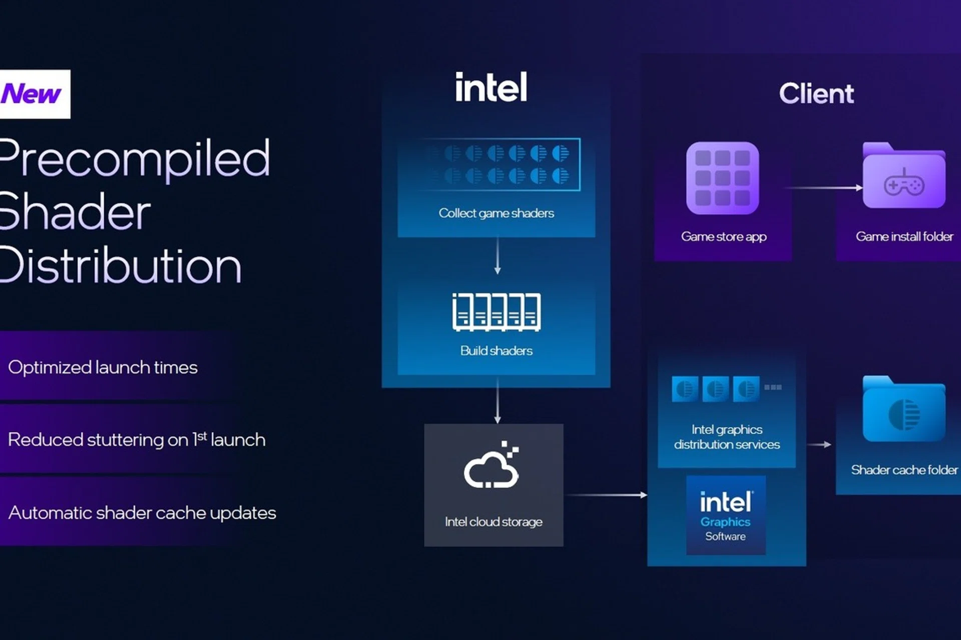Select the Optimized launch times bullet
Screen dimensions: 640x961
pyautogui.click(x=103, y=367)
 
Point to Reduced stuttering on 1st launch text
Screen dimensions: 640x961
pyautogui.click(x=137, y=439)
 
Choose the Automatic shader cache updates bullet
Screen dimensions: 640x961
pyautogui.click(x=142, y=512)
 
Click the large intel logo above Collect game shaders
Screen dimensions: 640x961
pyautogui.click(x=491, y=87)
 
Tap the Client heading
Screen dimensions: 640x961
pyautogui.click(x=816, y=93)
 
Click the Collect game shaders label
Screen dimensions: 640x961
pyautogui.click(x=496, y=213)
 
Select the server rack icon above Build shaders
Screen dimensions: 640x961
pyautogui.click(x=496, y=312)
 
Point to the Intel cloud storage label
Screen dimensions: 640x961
pyautogui.click(x=494, y=522)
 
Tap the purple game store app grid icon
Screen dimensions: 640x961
pyautogui.click(x=722, y=178)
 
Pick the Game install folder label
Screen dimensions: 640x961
pyautogui.click(x=904, y=236)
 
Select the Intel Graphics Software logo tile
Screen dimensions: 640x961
pyautogui.click(x=726, y=515)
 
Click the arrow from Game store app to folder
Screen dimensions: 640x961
pyautogui.click(x=824, y=188)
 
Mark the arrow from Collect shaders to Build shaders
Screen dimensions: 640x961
pyautogui.click(x=497, y=255)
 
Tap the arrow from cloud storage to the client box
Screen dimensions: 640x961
pyautogui.click(x=606, y=495)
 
